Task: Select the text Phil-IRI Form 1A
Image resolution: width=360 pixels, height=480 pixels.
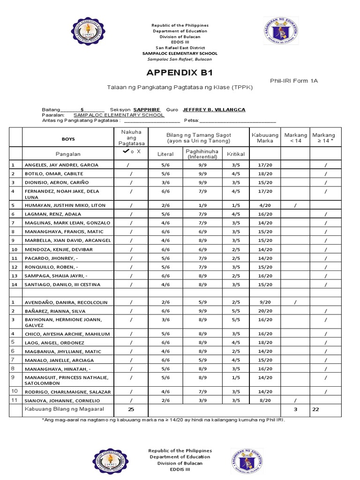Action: click(294, 81)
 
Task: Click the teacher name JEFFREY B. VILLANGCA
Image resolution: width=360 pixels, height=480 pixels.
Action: click(214, 109)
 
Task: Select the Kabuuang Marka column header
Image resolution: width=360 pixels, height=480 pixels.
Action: click(265, 138)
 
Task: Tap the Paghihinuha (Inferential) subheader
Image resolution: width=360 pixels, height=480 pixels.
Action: click(199, 154)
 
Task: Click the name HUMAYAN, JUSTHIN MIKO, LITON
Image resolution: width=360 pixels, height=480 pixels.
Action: click(65, 205)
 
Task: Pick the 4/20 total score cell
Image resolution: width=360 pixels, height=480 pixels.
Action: click(265, 205)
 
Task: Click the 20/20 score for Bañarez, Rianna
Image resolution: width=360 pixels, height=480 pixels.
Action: click(265, 310)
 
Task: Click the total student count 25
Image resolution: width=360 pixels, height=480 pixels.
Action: click(131, 410)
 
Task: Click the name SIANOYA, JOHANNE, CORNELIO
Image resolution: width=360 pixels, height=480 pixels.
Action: click(62, 400)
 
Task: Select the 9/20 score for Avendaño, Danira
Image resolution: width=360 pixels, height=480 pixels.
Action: click(265, 302)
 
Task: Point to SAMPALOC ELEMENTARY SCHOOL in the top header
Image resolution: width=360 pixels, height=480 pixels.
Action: click(180, 53)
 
